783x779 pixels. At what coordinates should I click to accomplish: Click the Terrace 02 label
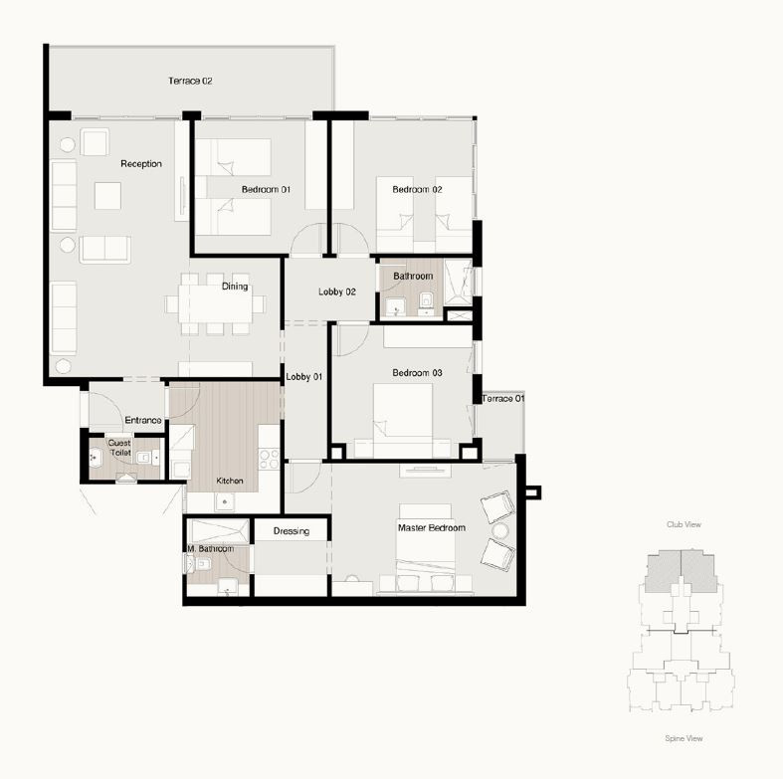click(190, 81)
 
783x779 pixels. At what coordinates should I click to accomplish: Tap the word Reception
click(141, 164)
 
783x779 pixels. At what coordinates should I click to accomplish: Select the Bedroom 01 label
click(266, 189)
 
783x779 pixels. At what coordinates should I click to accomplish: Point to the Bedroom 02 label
click(417, 189)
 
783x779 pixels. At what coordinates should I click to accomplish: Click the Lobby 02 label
click(337, 292)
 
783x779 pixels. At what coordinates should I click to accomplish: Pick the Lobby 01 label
click(304, 377)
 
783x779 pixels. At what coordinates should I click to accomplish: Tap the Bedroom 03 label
click(417, 372)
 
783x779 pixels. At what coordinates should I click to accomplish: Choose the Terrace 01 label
click(503, 399)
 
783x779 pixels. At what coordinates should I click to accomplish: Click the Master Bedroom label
click(432, 528)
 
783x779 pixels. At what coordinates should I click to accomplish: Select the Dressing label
click(292, 531)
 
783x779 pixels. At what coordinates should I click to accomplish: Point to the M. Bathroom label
click(211, 549)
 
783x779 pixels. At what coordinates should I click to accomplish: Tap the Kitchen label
click(230, 481)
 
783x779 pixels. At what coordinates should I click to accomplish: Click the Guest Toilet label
click(119, 448)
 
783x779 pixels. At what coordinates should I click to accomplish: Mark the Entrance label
click(143, 421)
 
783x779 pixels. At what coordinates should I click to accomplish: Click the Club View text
click(684, 524)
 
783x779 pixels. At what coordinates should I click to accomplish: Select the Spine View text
click(684, 738)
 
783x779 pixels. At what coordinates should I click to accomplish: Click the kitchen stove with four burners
click(269, 459)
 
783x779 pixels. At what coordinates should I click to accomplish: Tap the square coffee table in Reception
click(107, 196)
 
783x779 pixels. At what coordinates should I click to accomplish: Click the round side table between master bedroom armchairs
click(500, 530)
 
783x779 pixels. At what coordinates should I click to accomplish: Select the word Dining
click(235, 287)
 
